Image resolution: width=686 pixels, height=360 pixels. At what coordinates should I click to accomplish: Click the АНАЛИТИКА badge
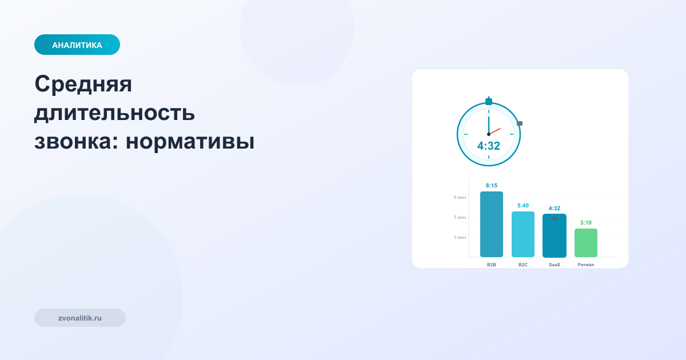click(x=77, y=45)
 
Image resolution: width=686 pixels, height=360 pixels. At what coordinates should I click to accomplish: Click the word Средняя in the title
click(x=83, y=84)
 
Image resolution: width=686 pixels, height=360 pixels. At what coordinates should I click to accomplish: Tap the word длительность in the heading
click(x=114, y=113)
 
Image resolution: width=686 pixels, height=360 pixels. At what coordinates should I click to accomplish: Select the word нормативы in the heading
click(x=190, y=141)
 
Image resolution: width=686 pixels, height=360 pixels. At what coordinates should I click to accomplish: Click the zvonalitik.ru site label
click(x=80, y=318)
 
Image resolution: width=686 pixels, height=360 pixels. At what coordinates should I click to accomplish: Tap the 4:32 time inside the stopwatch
click(x=489, y=146)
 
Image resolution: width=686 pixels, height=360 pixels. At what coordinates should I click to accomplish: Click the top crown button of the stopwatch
click(x=489, y=101)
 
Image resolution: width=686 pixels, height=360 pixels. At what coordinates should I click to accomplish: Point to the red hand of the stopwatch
click(x=495, y=131)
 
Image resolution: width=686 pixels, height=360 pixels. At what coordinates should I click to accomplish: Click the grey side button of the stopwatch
click(x=520, y=123)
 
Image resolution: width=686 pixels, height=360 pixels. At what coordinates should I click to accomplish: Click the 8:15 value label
click(x=492, y=186)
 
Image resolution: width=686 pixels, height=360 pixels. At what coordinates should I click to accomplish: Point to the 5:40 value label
click(x=523, y=206)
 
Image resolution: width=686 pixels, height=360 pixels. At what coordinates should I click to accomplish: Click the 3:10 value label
click(x=586, y=223)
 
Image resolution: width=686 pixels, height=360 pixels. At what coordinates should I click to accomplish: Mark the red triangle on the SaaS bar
click(x=555, y=218)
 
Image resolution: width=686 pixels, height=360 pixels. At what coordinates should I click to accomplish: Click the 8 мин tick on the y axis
click(x=460, y=197)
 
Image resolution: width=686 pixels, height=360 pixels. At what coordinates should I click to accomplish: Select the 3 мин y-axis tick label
click(x=460, y=237)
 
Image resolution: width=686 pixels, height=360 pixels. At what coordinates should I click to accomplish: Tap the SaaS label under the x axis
click(x=555, y=265)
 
